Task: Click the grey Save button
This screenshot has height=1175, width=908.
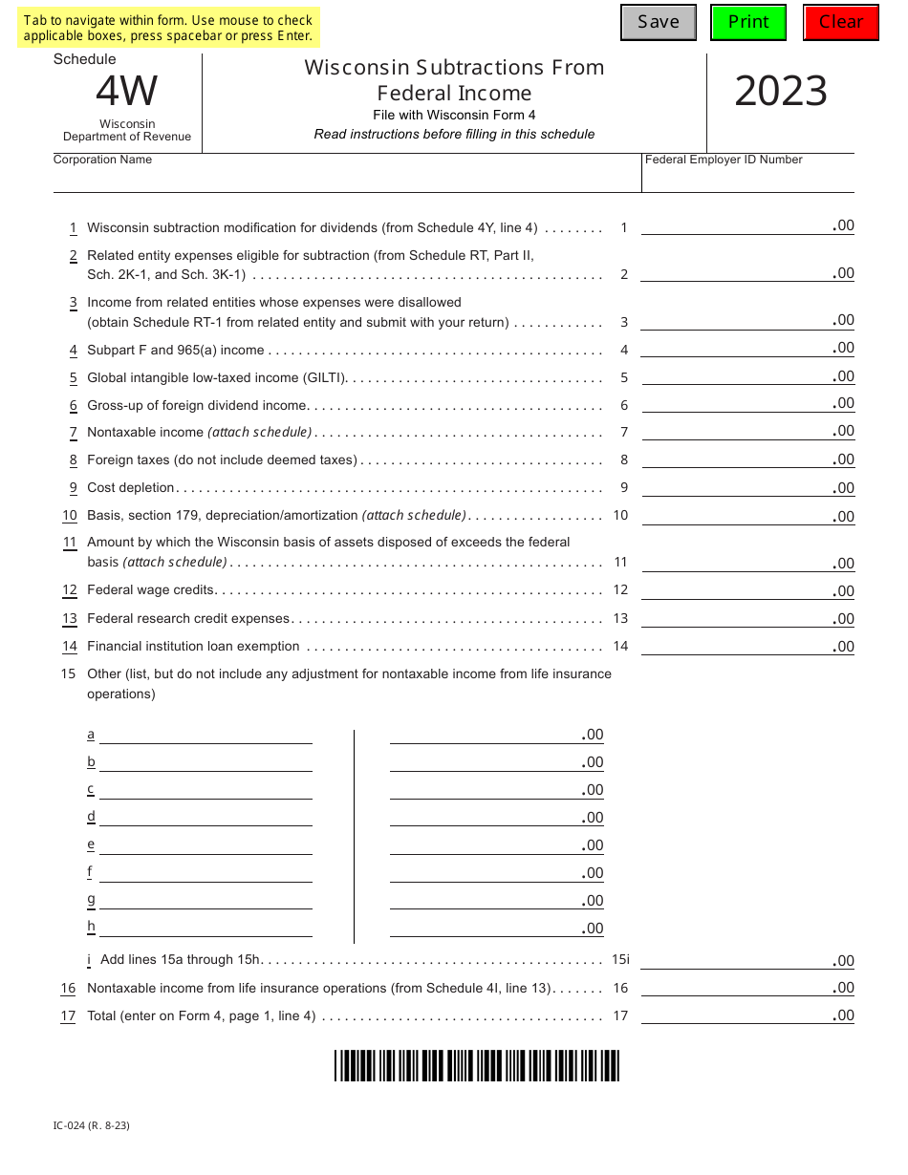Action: [658, 22]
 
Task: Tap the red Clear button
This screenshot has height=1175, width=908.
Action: [840, 22]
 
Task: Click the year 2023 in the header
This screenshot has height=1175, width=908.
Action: [780, 92]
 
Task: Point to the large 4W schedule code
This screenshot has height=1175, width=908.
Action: [126, 92]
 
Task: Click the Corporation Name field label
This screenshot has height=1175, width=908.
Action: [102, 160]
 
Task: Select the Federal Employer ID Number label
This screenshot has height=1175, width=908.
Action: [724, 160]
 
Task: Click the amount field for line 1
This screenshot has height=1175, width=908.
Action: [746, 225]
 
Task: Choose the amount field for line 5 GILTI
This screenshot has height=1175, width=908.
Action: [746, 376]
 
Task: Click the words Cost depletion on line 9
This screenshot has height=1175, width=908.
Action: [131, 487]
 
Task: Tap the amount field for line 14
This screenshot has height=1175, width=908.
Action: [746, 646]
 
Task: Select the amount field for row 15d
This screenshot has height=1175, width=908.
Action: [496, 817]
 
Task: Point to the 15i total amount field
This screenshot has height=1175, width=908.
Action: [746, 960]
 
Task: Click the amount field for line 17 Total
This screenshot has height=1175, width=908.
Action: [746, 1015]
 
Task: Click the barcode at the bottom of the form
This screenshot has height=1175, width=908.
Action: [477, 1065]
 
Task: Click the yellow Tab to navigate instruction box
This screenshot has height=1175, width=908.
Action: [168, 28]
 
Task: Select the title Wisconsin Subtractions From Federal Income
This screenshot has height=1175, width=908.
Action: [454, 80]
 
